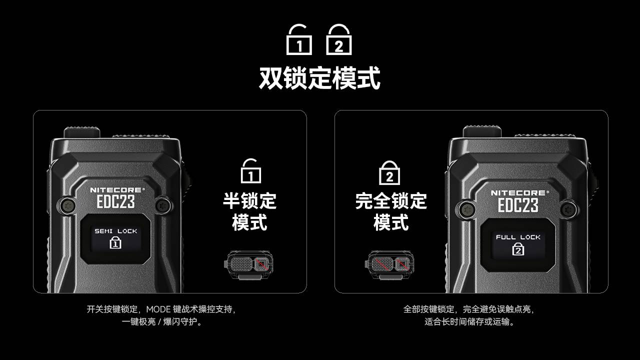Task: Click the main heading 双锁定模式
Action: [319, 77]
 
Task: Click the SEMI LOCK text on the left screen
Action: [115, 231]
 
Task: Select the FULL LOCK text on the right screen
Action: [518, 237]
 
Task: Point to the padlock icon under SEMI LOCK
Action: [115, 243]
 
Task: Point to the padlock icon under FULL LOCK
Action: [518, 249]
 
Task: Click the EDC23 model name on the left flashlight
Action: [115, 201]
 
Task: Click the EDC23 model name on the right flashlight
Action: [518, 205]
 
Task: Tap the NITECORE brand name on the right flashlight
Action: [520, 193]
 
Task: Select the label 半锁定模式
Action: [249, 211]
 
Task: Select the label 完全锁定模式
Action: [391, 211]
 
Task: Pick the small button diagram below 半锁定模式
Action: [248, 265]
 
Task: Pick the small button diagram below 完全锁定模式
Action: [389, 265]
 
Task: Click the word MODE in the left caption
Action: [158, 309]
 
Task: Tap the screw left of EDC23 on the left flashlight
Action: [67, 205]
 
